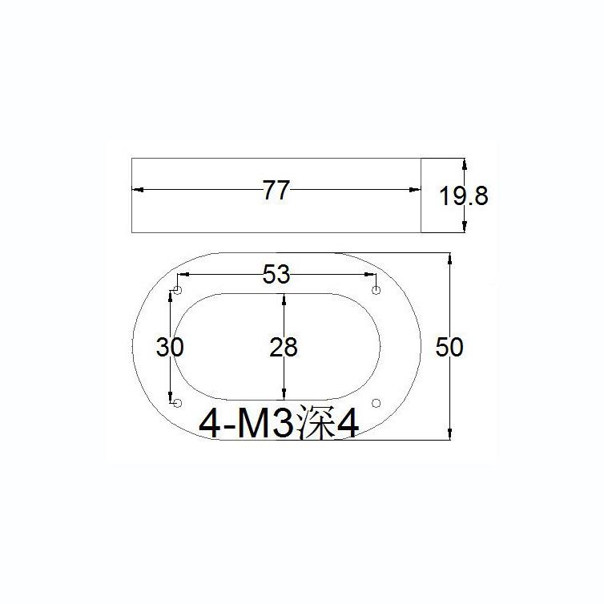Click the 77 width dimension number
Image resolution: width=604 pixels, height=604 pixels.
(275, 191)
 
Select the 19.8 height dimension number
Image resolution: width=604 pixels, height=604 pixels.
(463, 195)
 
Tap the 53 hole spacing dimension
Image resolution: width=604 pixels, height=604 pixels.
(276, 276)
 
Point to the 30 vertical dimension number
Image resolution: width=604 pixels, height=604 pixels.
(170, 348)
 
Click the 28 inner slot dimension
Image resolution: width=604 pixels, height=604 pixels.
(282, 348)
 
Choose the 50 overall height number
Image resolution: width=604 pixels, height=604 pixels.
(449, 348)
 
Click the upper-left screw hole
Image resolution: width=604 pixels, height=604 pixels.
(179, 289)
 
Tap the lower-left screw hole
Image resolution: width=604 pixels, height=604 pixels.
(179, 402)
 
